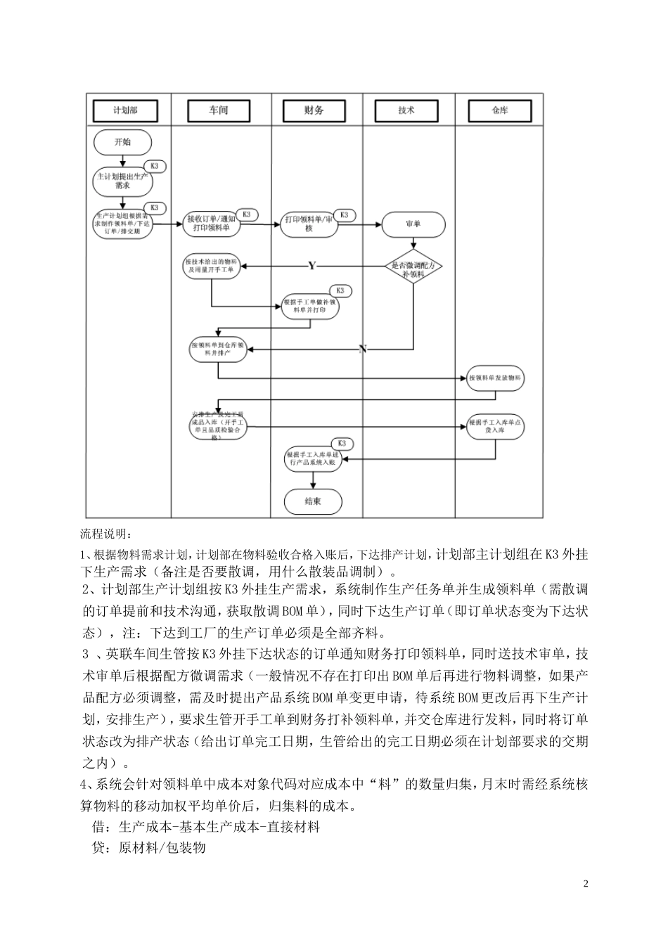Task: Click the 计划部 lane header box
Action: click(x=125, y=110)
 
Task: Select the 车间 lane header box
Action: click(x=219, y=110)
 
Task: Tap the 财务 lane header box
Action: click(x=314, y=110)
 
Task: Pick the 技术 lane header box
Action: click(x=406, y=110)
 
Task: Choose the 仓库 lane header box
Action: click(x=499, y=110)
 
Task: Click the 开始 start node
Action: click(x=122, y=142)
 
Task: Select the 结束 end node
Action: click(x=313, y=502)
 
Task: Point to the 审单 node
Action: click(x=413, y=224)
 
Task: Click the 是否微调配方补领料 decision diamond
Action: click(x=413, y=266)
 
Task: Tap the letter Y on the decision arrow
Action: click(x=311, y=265)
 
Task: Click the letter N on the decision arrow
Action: click(x=363, y=349)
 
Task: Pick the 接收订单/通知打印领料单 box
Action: click(x=212, y=224)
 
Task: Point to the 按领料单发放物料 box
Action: click(x=496, y=378)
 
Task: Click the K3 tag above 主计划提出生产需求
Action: click(x=155, y=167)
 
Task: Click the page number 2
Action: click(x=586, y=883)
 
